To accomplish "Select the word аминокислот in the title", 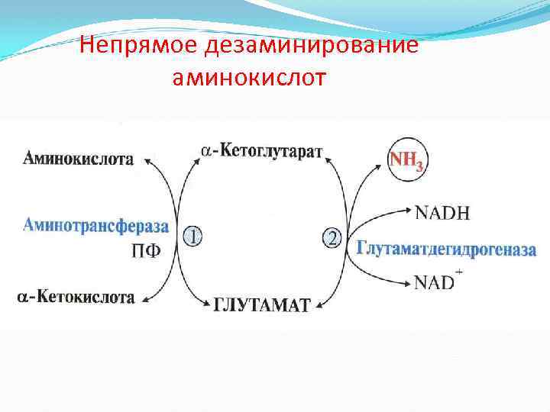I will pyautogui.click(x=249, y=77).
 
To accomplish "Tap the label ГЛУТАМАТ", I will pyautogui.click(x=261, y=305).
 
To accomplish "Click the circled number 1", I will pyautogui.click(x=193, y=238).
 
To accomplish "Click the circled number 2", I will pyautogui.click(x=332, y=239).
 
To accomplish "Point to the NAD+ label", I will pyautogui.click(x=438, y=282).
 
